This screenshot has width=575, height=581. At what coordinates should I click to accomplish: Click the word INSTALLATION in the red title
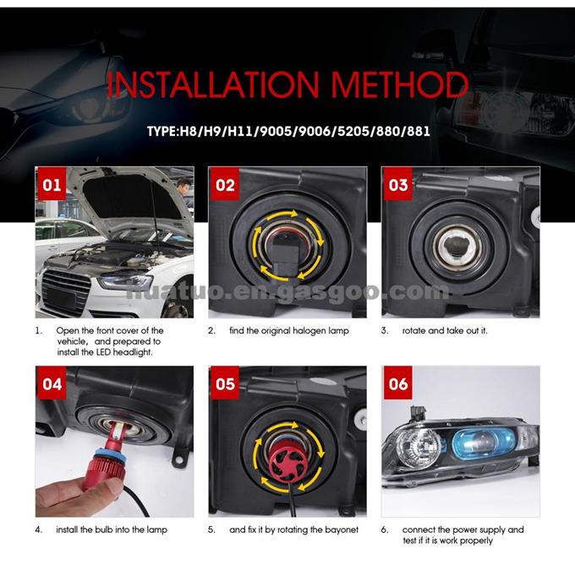point(213,84)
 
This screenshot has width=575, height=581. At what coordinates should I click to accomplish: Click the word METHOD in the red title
point(400,84)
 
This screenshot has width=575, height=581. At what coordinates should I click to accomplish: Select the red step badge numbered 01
point(52,184)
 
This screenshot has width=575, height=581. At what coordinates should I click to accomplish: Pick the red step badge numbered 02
point(225,184)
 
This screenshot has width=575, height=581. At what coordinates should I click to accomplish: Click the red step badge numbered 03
point(398,184)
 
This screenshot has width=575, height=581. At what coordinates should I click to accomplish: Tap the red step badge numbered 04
point(52,383)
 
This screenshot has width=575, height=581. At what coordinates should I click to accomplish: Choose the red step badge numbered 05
point(225,383)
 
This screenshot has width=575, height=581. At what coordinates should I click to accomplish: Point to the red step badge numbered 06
point(398,383)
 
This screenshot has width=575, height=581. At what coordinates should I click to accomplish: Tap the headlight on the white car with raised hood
point(125,282)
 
